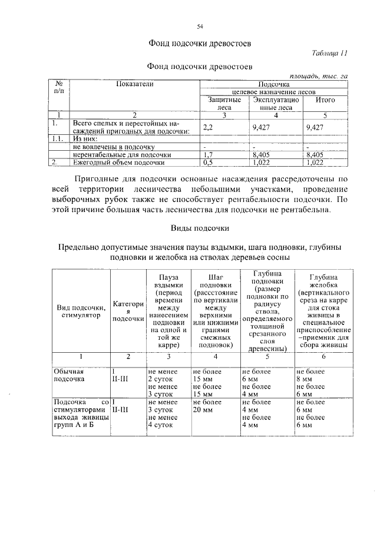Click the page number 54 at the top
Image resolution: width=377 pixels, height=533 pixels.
point(200,26)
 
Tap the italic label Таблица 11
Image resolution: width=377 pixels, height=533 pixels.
point(330,53)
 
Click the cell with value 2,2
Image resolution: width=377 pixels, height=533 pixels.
point(207,127)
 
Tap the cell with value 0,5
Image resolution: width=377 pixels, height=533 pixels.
point(207,162)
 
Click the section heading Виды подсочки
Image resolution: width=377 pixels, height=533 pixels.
point(200,227)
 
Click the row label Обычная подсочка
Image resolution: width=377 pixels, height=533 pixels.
point(71,376)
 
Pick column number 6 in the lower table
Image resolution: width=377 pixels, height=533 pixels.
point(323,357)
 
